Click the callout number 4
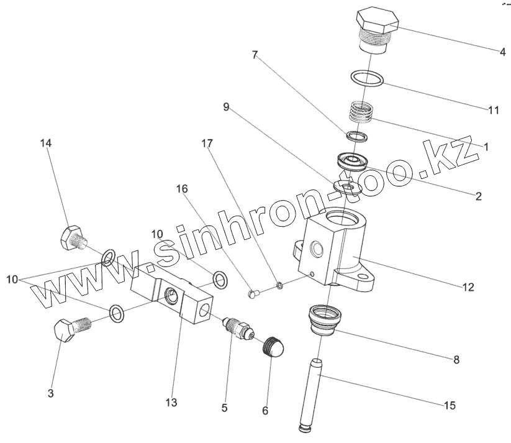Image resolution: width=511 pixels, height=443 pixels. [x=502, y=52]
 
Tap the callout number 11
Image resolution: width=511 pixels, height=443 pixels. [x=494, y=111]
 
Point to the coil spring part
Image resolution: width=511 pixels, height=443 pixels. [x=361, y=113]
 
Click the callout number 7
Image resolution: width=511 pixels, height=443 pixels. [x=255, y=55]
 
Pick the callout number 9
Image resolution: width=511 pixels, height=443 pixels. [x=227, y=107]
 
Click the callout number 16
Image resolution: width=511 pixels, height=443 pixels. [x=181, y=188]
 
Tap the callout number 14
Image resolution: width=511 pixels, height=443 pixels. [x=46, y=144]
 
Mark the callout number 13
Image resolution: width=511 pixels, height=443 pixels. [x=171, y=403]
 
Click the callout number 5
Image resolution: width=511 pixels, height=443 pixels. [x=224, y=408]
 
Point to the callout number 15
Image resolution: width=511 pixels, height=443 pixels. [x=450, y=406]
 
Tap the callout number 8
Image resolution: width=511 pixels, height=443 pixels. [x=456, y=359]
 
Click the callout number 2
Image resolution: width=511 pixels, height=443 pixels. [x=478, y=196]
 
